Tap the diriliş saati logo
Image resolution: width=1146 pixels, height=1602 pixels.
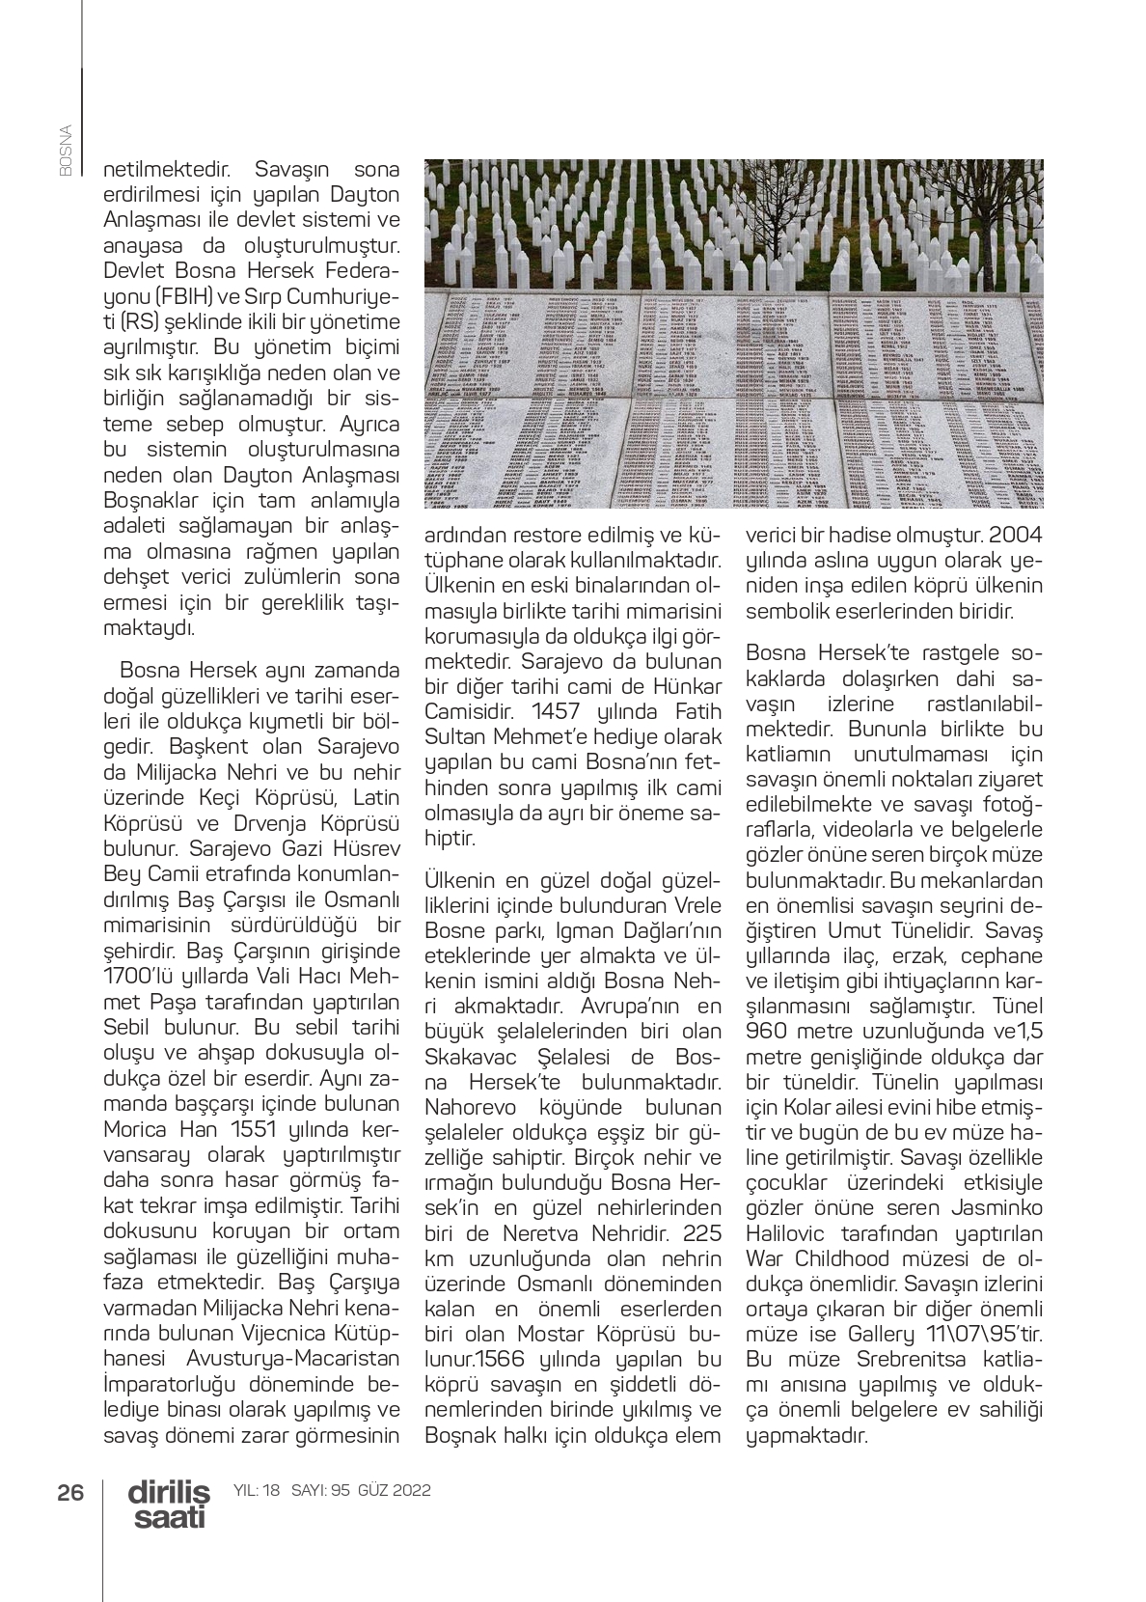tap(169, 1505)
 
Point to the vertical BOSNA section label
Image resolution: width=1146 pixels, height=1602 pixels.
tap(66, 149)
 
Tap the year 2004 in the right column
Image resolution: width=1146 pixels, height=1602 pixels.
tap(1015, 535)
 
